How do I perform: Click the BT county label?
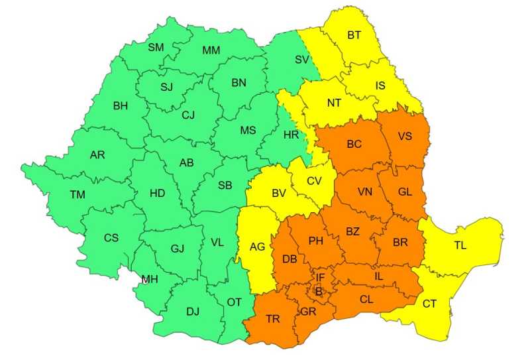[x=354, y=35]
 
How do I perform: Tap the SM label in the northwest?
[x=156, y=47]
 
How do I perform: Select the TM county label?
[x=78, y=194]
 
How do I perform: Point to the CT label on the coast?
[x=429, y=304]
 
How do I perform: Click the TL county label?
[x=460, y=245]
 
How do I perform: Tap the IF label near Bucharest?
[x=320, y=277]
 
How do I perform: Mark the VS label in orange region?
[x=405, y=136]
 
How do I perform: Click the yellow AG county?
[x=257, y=247]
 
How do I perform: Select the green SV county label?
[x=302, y=60]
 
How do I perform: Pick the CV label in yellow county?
[x=314, y=180]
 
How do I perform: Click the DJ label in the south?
[x=192, y=311]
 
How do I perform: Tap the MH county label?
[x=150, y=279]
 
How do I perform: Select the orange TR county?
[x=273, y=319]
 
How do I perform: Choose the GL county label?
[x=405, y=191]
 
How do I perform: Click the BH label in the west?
[x=121, y=105]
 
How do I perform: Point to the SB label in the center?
[x=225, y=186]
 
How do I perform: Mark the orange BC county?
[x=354, y=143]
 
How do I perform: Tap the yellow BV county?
[x=278, y=194]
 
